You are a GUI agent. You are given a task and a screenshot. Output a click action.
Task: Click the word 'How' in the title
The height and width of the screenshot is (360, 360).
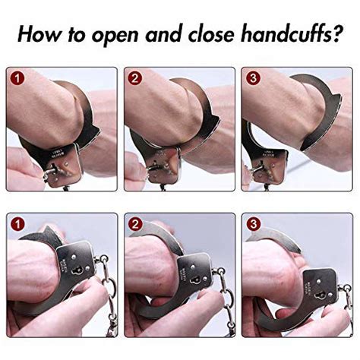(x=40, y=34)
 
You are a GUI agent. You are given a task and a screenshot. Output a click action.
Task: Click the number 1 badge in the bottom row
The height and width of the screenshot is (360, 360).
(x=18, y=224)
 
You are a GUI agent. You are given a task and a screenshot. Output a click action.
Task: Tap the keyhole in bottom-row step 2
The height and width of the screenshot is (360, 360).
(x=196, y=280)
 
